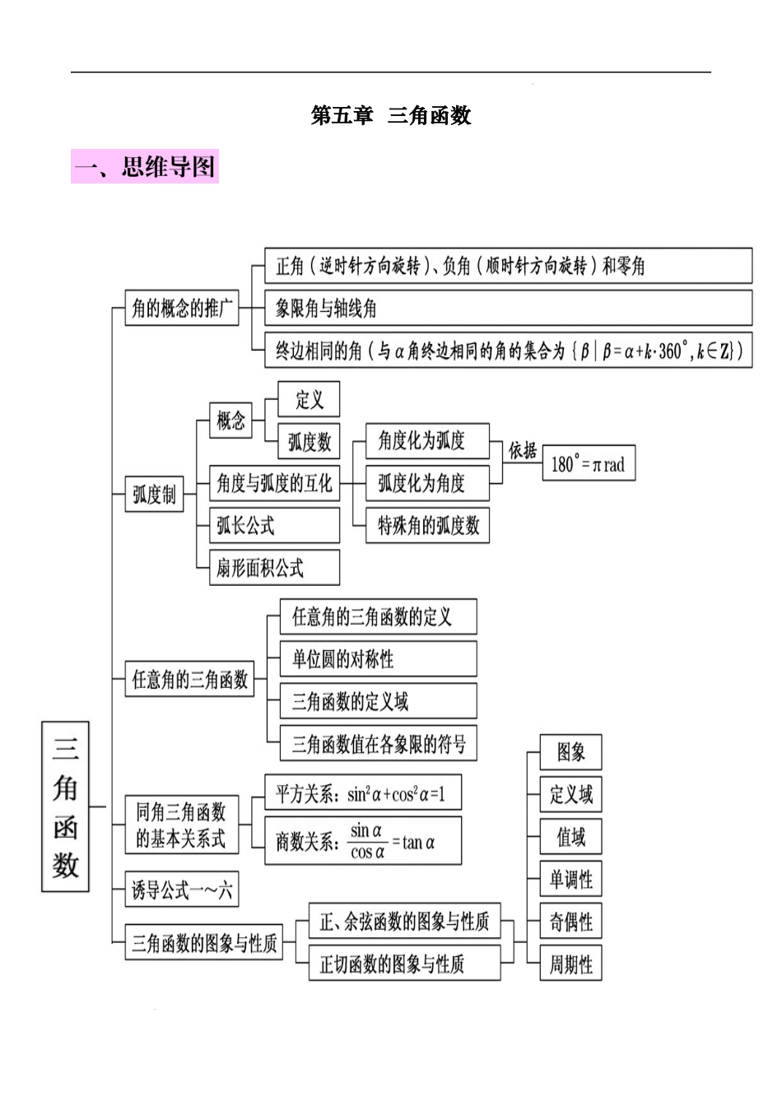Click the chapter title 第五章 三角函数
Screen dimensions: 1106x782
391,116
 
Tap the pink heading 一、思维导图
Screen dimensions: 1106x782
145,167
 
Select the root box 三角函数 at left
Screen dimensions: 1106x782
65,806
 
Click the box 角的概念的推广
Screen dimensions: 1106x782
182,309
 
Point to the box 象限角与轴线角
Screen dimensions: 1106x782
508,309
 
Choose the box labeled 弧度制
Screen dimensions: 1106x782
154,495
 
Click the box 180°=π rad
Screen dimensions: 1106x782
588,464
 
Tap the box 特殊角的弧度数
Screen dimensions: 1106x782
427,526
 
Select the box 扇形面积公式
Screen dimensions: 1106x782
275,568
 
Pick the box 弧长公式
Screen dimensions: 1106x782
275,526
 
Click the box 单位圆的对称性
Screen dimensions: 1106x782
378,659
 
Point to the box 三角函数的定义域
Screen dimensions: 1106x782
378,702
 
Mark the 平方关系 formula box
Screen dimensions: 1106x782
362,794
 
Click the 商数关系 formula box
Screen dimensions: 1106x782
362,841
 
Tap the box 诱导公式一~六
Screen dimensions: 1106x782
182,890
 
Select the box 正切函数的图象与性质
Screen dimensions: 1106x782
404,964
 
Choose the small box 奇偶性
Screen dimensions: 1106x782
570,922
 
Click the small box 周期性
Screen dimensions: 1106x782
570,964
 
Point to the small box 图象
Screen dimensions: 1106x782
570,752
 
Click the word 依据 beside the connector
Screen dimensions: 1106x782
523,451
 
